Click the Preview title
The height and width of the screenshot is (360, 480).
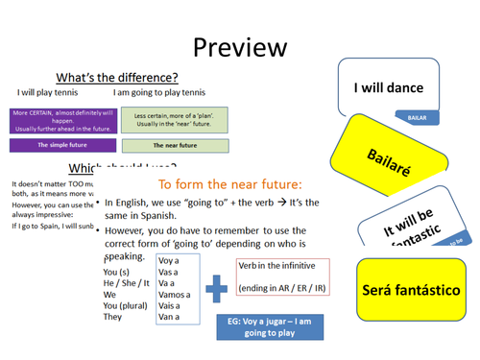point(239,45)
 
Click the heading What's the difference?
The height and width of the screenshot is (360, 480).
point(118,77)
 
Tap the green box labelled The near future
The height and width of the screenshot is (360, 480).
point(174,146)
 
